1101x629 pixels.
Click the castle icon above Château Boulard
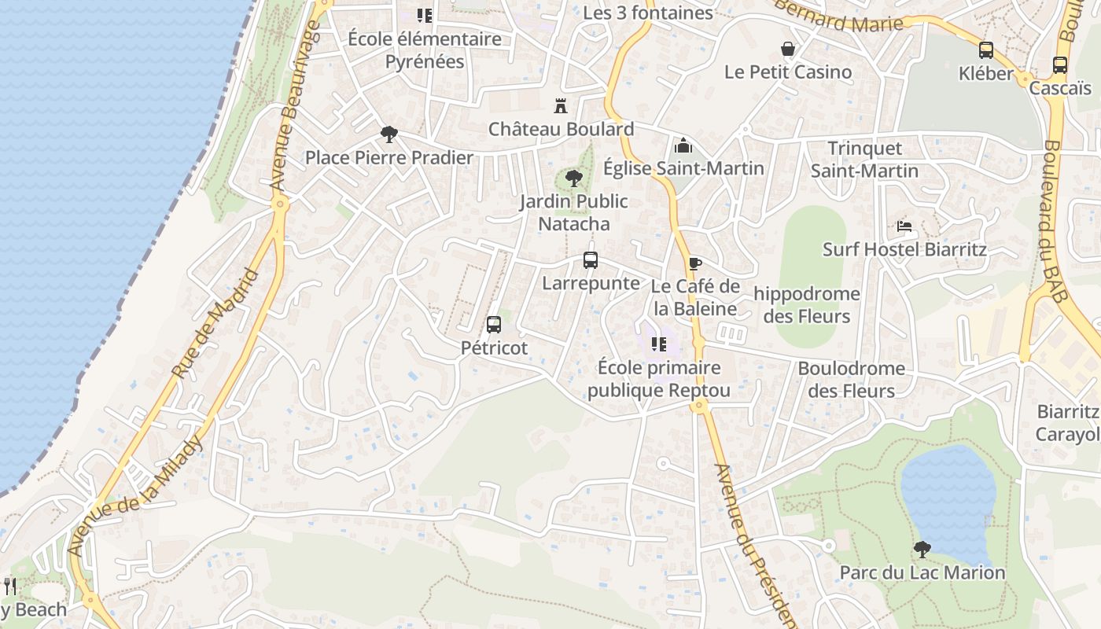pyautogui.click(x=561, y=105)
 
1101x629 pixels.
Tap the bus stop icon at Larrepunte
pyautogui.click(x=591, y=259)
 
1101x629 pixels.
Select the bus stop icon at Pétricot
pyautogui.click(x=494, y=324)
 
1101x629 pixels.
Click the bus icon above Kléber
pyautogui.click(x=986, y=50)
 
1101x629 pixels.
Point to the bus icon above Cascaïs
pyautogui.click(x=1060, y=65)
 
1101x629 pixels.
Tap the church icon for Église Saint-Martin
pyautogui.click(x=683, y=145)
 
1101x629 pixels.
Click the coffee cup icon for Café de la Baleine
pyautogui.click(x=694, y=263)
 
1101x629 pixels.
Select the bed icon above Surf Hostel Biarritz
pyautogui.click(x=904, y=226)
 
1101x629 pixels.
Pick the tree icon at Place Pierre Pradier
pyautogui.click(x=388, y=134)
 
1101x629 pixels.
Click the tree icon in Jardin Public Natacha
pyautogui.click(x=574, y=178)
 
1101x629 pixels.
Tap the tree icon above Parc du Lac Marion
pyautogui.click(x=922, y=549)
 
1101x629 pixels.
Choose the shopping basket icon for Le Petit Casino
pyautogui.click(x=787, y=49)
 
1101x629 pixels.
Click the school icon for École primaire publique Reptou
pyautogui.click(x=659, y=344)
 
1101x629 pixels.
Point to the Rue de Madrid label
pyautogui.click(x=215, y=324)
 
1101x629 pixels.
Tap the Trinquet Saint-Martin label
pyautogui.click(x=864, y=160)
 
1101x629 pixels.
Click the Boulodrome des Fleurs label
pyautogui.click(x=851, y=380)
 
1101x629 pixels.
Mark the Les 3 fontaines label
pyautogui.click(x=648, y=13)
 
